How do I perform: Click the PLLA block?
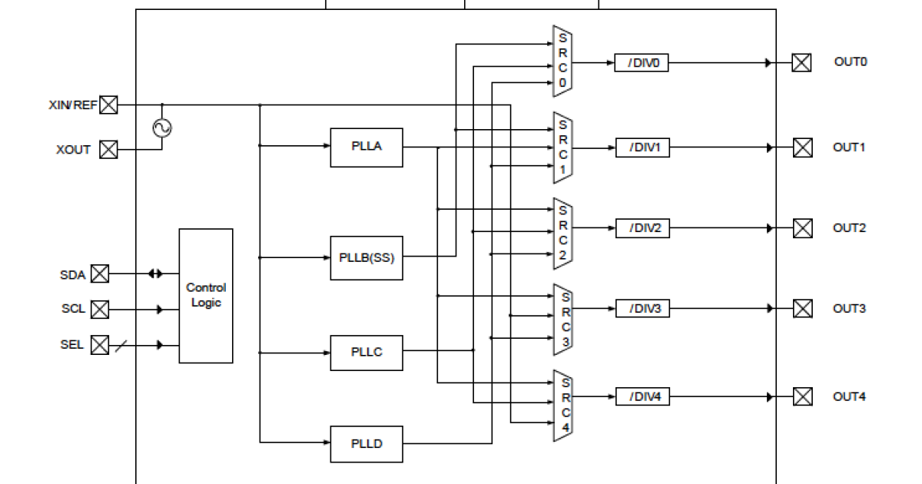366,148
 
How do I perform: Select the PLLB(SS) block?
366,258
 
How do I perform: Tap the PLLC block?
366,353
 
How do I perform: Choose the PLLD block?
366,444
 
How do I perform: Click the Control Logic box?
206,296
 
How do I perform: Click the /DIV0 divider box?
642,63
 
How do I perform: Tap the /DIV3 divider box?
642,308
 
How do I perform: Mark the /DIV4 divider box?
642,396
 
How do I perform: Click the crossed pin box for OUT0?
801,63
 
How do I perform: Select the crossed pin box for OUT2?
802,228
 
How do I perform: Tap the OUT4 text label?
849,396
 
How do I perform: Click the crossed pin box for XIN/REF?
109,105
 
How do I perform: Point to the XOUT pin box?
109,150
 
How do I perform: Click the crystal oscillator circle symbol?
162,128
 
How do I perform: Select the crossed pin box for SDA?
100,273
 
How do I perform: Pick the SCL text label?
74,309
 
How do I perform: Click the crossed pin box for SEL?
100,345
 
